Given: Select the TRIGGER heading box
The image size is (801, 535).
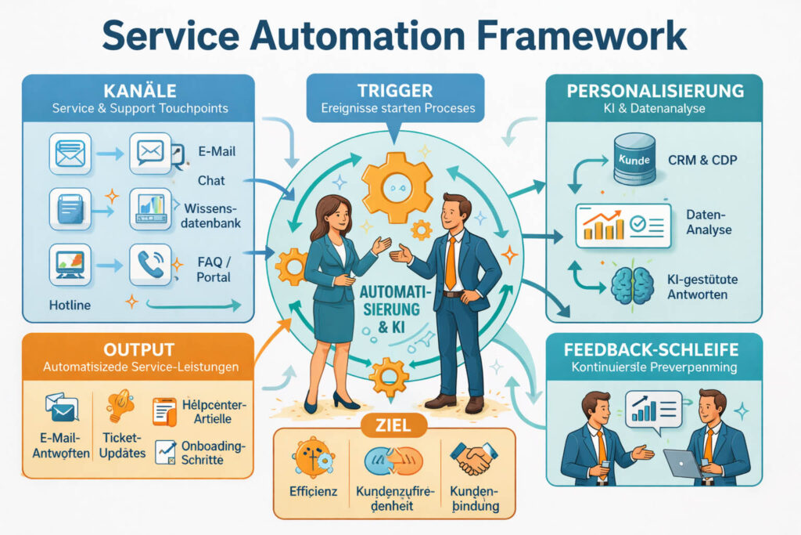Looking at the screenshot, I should point(397,91).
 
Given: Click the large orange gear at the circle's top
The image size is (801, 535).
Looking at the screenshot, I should point(397,186).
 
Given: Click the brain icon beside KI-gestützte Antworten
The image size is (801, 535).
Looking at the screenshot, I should point(632,284).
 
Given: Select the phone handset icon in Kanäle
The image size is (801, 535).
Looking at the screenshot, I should point(149,265).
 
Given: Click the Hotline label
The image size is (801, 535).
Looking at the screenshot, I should point(70,304).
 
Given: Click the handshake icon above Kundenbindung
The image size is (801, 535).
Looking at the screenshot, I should point(474,460).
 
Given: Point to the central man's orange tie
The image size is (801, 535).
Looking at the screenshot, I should point(450,262).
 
